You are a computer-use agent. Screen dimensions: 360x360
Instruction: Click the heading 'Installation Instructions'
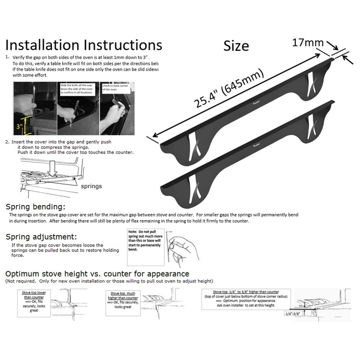click(x=83, y=45)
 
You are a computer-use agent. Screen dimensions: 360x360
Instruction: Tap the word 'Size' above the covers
click(x=236, y=45)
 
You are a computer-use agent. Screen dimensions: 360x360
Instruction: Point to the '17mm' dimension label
click(x=308, y=43)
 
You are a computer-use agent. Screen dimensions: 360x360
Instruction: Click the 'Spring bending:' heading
click(x=36, y=207)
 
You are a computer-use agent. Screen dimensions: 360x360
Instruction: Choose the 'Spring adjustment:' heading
click(x=40, y=237)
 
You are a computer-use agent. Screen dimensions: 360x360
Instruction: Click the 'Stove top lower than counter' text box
click(x=34, y=300)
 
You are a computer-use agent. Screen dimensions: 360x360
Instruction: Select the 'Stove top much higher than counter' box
click(x=122, y=300)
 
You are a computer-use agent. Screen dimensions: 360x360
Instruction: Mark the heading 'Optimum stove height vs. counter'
click(x=97, y=274)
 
